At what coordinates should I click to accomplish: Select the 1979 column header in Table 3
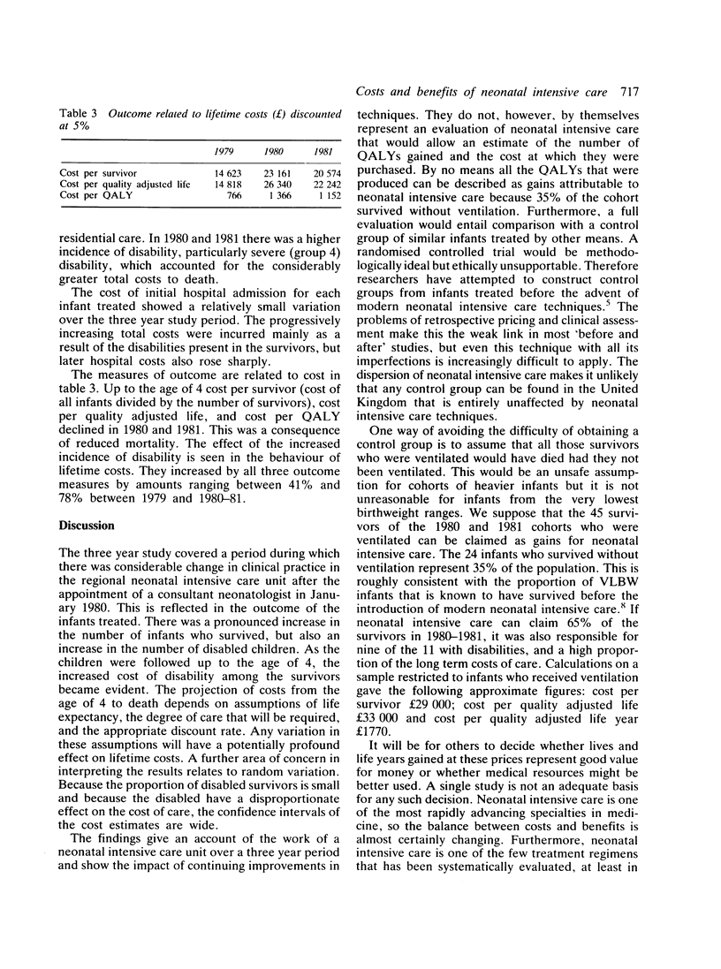pos(224,150)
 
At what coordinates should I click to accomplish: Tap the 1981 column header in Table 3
pos(337,150)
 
